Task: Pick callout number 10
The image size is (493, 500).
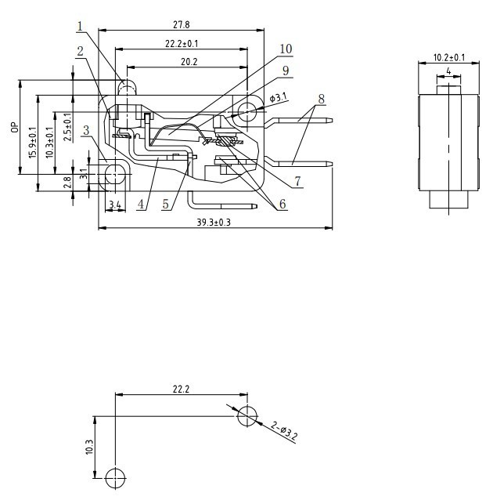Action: (x=285, y=49)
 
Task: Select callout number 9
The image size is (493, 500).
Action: (x=286, y=71)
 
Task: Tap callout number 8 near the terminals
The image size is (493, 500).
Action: (x=321, y=100)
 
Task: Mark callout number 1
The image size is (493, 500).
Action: (x=80, y=27)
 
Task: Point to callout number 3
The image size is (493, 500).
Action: (x=86, y=129)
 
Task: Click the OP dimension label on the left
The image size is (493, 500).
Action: (x=14, y=126)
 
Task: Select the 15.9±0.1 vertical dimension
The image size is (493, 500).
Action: (x=32, y=141)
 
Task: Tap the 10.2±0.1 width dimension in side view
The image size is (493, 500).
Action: (x=448, y=57)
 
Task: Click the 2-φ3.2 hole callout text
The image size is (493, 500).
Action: (x=284, y=432)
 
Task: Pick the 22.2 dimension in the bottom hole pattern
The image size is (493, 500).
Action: (x=181, y=389)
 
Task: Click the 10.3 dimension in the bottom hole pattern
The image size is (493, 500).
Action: (x=89, y=447)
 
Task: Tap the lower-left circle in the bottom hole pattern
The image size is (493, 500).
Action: (x=114, y=476)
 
